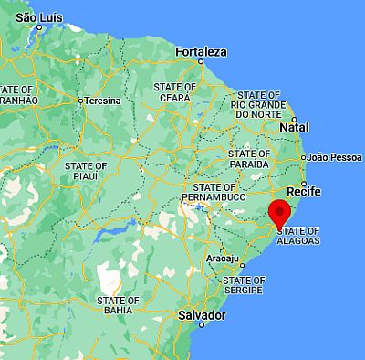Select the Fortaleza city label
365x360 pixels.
201,51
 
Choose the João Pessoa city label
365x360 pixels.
335,157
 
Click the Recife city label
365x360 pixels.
303,193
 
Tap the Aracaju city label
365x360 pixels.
223,259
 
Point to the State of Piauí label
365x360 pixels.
87,171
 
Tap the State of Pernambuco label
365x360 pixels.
214,191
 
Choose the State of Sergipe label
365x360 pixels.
244,285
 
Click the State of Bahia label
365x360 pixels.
118,305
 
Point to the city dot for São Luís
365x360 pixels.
38,27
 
